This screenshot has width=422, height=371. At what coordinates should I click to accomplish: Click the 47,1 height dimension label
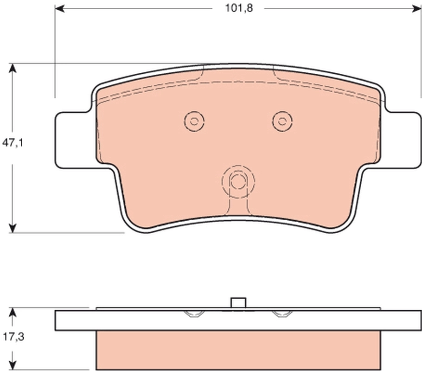point(13,143)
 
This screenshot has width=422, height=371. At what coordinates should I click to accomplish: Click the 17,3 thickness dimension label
point(13,337)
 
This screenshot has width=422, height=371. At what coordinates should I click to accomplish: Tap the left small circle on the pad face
point(194,122)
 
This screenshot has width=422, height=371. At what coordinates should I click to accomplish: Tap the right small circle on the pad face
point(281,122)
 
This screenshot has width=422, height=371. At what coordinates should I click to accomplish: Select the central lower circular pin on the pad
point(238,181)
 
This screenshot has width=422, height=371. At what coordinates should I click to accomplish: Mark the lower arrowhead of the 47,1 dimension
point(13,228)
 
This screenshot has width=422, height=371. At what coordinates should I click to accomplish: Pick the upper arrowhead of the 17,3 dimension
point(13,312)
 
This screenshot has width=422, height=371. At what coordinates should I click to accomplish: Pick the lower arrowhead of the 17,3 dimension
point(13,366)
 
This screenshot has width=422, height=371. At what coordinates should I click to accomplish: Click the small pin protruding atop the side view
point(238,302)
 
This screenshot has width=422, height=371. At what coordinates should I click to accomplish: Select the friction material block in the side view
point(238,350)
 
